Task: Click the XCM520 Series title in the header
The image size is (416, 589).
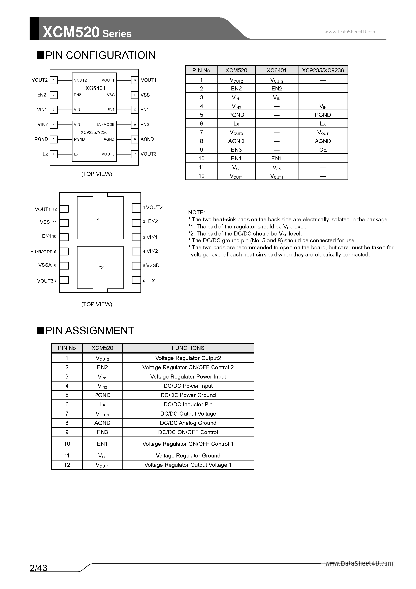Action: coord(87,33)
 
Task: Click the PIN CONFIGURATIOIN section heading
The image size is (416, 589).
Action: coord(100,55)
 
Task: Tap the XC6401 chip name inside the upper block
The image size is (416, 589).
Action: coord(95,88)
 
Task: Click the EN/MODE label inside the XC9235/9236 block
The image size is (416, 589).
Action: coord(105,125)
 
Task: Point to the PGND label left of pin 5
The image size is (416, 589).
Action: coord(41,139)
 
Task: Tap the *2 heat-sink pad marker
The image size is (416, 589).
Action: coord(101,268)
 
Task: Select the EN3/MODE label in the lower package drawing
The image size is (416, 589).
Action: coord(41,252)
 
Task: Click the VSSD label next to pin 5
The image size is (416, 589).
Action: coord(153,265)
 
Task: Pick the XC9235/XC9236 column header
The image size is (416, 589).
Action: coord(323,70)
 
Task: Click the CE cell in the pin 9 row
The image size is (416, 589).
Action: coord(323,150)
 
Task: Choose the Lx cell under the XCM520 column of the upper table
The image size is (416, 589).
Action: coord(236,124)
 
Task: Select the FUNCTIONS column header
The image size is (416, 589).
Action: coord(188,348)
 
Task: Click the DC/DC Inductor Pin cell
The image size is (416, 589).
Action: coord(188,404)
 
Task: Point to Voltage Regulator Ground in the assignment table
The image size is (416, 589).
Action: coord(188,456)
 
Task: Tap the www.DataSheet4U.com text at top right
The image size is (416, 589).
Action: coord(350,32)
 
